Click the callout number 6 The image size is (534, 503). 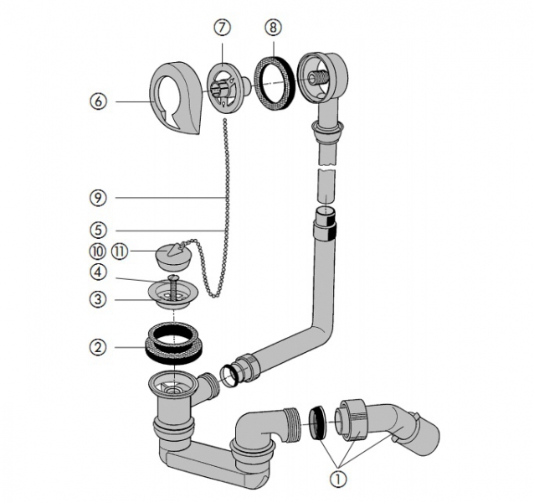tap(100, 101)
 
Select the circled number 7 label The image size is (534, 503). tap(221, 28)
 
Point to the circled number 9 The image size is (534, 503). tap(99, 198)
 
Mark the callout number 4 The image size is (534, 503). tap(99, 272)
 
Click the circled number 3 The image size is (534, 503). tap(99, 298)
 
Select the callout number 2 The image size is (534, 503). tap(99, 345)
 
